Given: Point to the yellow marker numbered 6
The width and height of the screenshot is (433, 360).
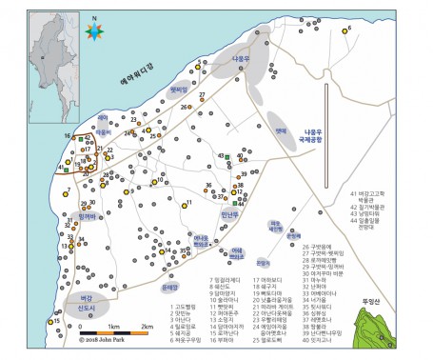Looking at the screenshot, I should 348,30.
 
